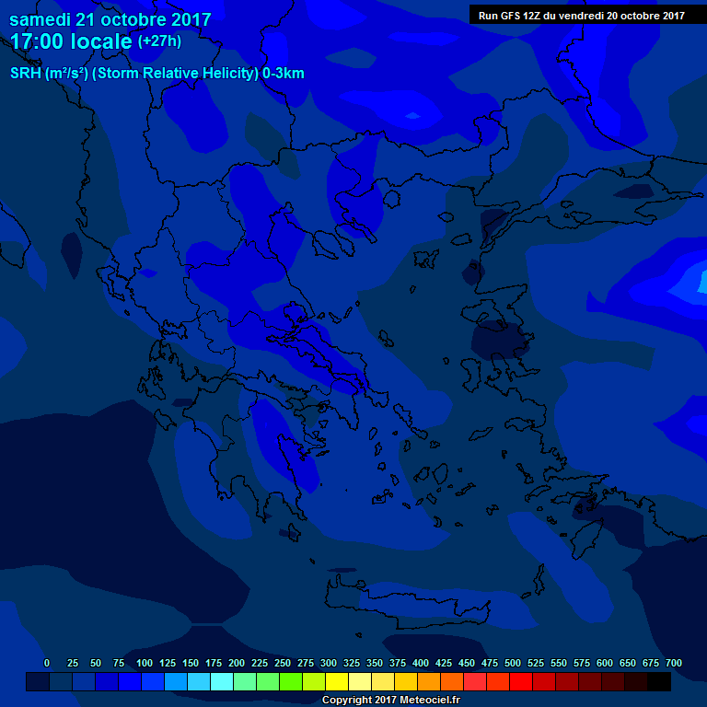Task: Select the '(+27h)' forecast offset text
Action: click(159, 41)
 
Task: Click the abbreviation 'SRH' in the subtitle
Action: click(26, 74)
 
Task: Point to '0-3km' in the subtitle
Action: click(283, 74)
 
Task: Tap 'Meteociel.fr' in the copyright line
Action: click(426, 701)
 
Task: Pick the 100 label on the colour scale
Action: click(145, 663)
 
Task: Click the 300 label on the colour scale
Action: click(329, 663)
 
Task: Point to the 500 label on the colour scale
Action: click(513, 663)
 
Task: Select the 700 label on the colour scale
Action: click(674, 663)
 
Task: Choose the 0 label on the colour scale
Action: click(47, 663)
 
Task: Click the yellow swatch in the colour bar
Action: click(337, 681)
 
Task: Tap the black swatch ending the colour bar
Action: click(659, 681)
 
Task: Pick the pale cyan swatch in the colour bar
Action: click(222, 681)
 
